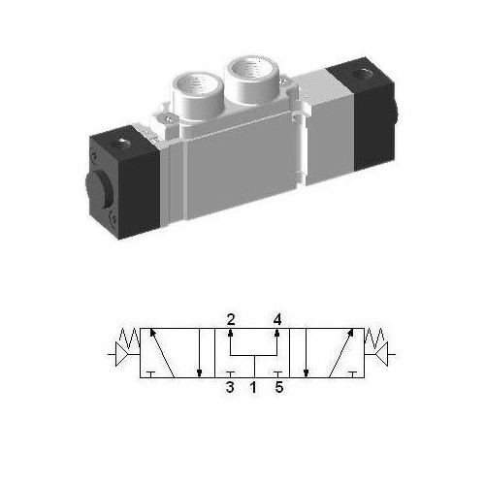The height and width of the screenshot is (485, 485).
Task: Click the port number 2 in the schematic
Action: coord(231,318)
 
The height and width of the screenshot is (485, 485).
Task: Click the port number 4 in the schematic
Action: coord(277,318)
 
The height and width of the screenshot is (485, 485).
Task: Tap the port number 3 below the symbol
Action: coord(230,389)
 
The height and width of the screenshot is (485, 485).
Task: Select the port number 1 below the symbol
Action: coord(253,389)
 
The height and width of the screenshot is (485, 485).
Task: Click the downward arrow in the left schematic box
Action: coord(199,354)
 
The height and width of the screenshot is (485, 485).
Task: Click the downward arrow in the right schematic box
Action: coord(307,354)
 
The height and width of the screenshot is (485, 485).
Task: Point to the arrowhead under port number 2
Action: coord(231,334)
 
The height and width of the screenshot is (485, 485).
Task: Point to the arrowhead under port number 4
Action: coord(277,334)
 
